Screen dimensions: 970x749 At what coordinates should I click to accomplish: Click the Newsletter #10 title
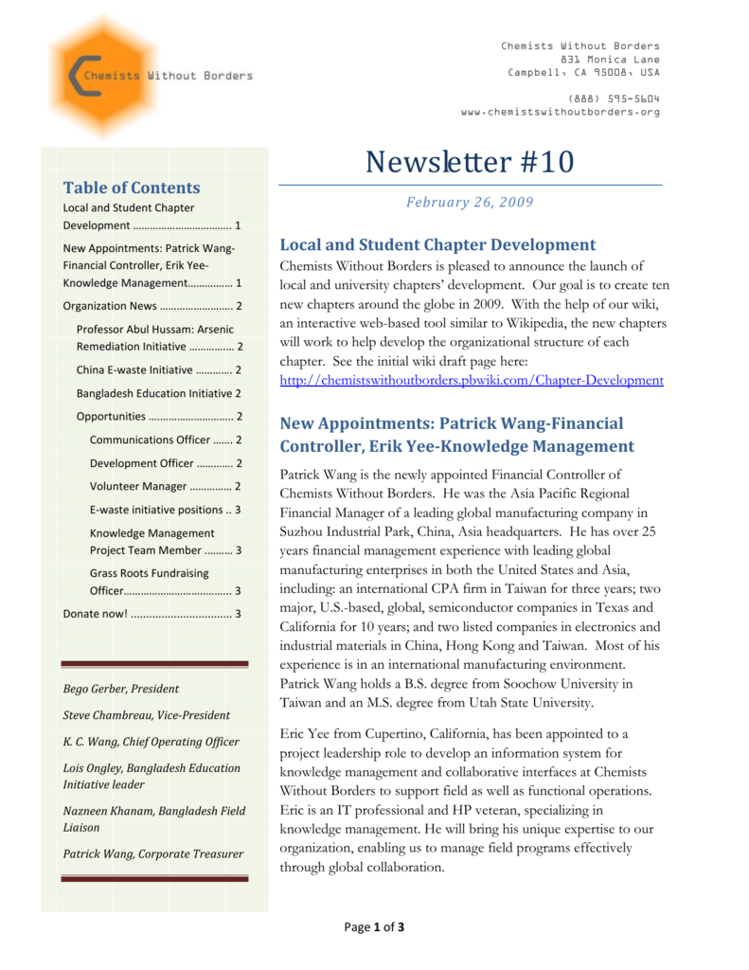coord(469,162)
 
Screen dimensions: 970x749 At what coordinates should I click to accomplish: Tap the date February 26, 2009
coord(470,202)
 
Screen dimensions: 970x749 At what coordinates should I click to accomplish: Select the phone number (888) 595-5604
coord(614,99)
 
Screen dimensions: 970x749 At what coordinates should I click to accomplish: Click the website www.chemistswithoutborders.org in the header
coord(560,112)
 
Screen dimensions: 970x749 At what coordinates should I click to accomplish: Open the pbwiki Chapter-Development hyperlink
coord(472,380)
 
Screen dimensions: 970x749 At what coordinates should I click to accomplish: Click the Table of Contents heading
coord(132,188)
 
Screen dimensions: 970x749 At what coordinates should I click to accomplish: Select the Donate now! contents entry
coord(152,614)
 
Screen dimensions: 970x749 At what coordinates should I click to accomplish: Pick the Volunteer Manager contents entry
coord(165,486)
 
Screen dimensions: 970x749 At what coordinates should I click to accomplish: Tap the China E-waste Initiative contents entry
coord(158,369)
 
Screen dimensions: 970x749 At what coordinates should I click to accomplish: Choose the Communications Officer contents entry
coord(165,440)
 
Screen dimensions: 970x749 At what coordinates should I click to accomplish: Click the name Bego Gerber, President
coord(120,689)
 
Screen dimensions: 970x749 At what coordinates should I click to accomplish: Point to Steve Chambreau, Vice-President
coord(146,715)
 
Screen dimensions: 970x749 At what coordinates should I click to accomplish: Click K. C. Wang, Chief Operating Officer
coord(151,742)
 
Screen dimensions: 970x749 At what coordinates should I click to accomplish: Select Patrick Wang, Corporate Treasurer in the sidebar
coord(152,853)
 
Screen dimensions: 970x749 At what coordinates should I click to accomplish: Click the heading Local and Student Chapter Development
coord(437,245)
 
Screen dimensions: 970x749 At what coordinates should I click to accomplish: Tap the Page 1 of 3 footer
coord(374,926)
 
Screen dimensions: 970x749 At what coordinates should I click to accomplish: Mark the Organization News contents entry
coord(152,306)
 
